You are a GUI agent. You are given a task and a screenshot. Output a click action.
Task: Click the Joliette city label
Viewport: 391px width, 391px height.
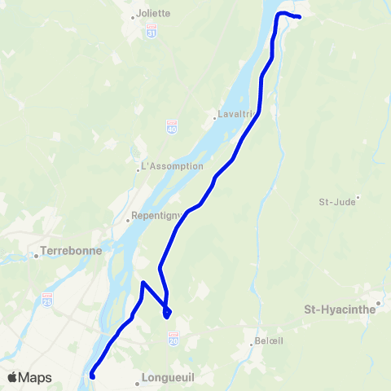tap(153, 13)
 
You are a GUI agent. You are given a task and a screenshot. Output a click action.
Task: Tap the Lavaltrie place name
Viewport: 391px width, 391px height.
tap(235, 114)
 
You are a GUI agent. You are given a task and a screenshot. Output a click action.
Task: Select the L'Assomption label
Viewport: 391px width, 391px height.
tap(173, 166)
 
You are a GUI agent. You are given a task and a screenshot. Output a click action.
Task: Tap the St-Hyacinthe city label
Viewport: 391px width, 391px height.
tap(339, 310)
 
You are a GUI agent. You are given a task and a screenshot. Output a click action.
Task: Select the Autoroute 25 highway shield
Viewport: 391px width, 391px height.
tap(47, 299)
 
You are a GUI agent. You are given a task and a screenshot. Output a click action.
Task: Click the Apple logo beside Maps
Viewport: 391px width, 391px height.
tap(12, 377)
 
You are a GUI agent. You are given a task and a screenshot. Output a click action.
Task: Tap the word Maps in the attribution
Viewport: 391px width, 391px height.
tap(35, 377)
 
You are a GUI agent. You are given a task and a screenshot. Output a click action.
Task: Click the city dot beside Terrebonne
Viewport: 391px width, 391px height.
tap(37, 256)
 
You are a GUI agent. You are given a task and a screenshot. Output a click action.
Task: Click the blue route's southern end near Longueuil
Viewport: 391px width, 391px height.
tap(92, 376)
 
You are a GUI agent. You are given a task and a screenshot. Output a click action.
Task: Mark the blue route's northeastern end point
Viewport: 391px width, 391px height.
tap(300, 16)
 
